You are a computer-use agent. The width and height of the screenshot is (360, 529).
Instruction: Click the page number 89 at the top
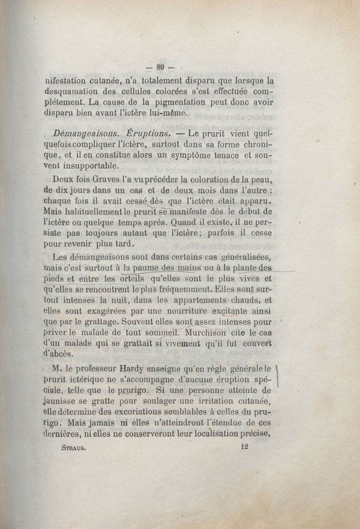tap(160, 67)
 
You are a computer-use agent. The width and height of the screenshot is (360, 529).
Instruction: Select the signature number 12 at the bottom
tap(245, 447)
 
